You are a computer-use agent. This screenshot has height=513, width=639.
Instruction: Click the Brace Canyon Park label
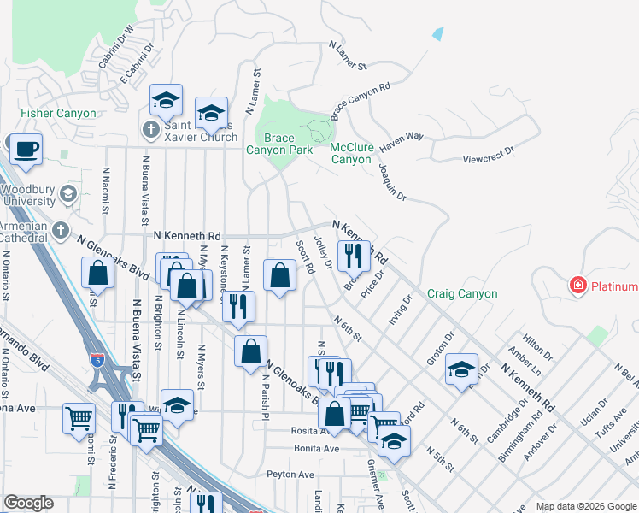[x=269, y=144]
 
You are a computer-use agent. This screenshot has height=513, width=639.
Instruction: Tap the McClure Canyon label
[x=351, y=153]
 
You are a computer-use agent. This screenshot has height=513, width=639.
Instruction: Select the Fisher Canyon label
[x=59, y=113]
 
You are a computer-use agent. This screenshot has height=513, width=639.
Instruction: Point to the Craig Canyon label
[x=462, y=293]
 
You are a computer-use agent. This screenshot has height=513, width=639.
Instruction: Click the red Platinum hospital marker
[x=578, y=286]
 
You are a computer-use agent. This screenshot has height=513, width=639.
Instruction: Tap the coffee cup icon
[x=26, y=148]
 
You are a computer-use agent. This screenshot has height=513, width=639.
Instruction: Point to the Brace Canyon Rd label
[x=361, y=98]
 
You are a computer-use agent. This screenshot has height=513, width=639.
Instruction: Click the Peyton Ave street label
[x=290, y=474]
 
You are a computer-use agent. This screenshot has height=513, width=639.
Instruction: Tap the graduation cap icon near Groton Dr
[x=461, y=369]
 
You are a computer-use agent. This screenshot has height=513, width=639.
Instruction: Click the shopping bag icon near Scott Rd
[x=279, y=275]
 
